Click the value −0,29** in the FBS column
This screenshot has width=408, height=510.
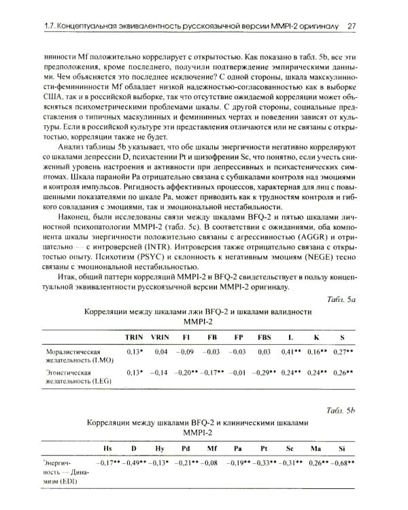click(263, 373)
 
